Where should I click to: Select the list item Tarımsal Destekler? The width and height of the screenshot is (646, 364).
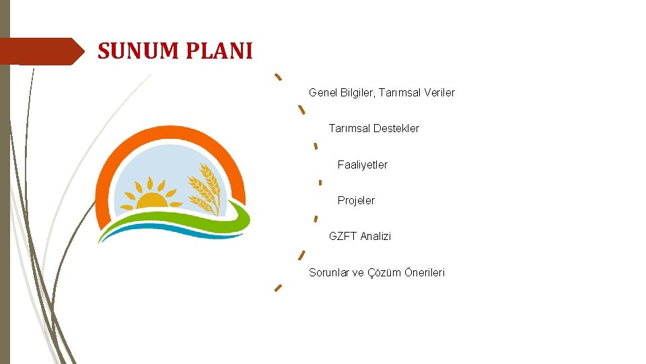point(373,128)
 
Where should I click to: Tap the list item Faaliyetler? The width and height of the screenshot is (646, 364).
point(362,164)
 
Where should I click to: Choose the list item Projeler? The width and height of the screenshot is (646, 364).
point(356,200)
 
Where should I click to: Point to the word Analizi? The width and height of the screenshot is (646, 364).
point(375,236)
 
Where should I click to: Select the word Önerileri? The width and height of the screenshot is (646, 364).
point(424,272)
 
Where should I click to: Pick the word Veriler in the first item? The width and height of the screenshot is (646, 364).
point(439,92)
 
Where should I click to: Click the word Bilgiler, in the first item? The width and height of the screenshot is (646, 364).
point(357,92)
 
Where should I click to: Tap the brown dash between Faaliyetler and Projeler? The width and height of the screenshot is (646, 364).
point(320,182)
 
